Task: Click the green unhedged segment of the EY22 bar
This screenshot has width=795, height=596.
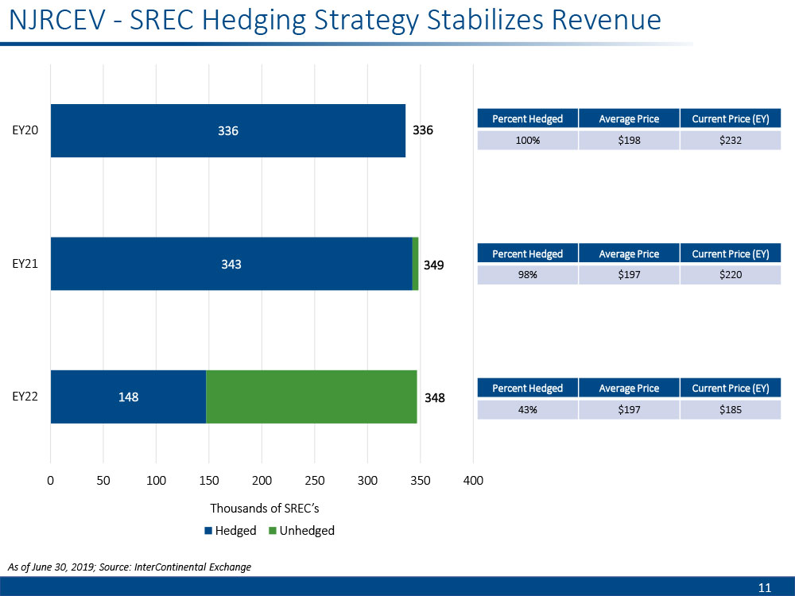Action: tap(312, 397)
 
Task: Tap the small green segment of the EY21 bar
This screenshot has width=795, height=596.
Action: tap(415, 264)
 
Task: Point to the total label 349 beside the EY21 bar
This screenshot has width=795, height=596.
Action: tap(434, 264)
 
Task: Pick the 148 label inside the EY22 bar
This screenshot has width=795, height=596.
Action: tap(128, 397)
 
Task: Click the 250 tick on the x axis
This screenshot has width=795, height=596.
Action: tap(315, 480)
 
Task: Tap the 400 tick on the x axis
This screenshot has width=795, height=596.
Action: tap(473, 480)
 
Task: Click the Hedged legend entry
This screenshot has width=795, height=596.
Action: tap(231, 531)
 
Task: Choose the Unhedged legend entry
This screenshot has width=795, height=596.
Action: tap(302, 531)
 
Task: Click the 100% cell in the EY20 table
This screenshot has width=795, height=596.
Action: tap(527, 141)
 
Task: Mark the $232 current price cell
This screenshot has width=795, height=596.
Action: tap(731, 141)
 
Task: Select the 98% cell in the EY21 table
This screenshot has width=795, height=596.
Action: tap(527, 275)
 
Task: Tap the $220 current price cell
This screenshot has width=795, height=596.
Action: tap(731, 275)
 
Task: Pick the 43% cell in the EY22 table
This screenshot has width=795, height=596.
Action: tap(527, 410)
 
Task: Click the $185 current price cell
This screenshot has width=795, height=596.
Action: tap(731, 410)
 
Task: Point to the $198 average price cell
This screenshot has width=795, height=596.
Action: tap(629, 141)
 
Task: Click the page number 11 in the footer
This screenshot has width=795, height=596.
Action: tap(765, 588)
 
